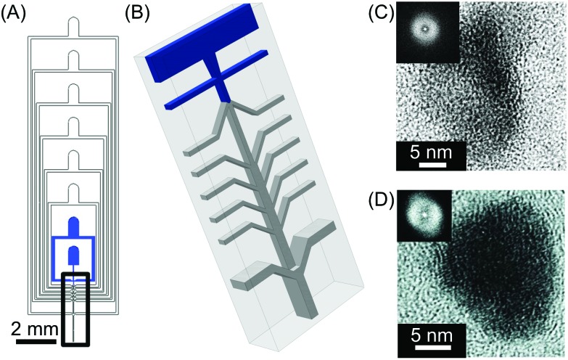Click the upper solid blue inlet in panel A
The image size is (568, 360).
pyautogui.click(x=73, y=226)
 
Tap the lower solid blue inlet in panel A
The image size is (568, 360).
pyautogui.click(x=73, y=255)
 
